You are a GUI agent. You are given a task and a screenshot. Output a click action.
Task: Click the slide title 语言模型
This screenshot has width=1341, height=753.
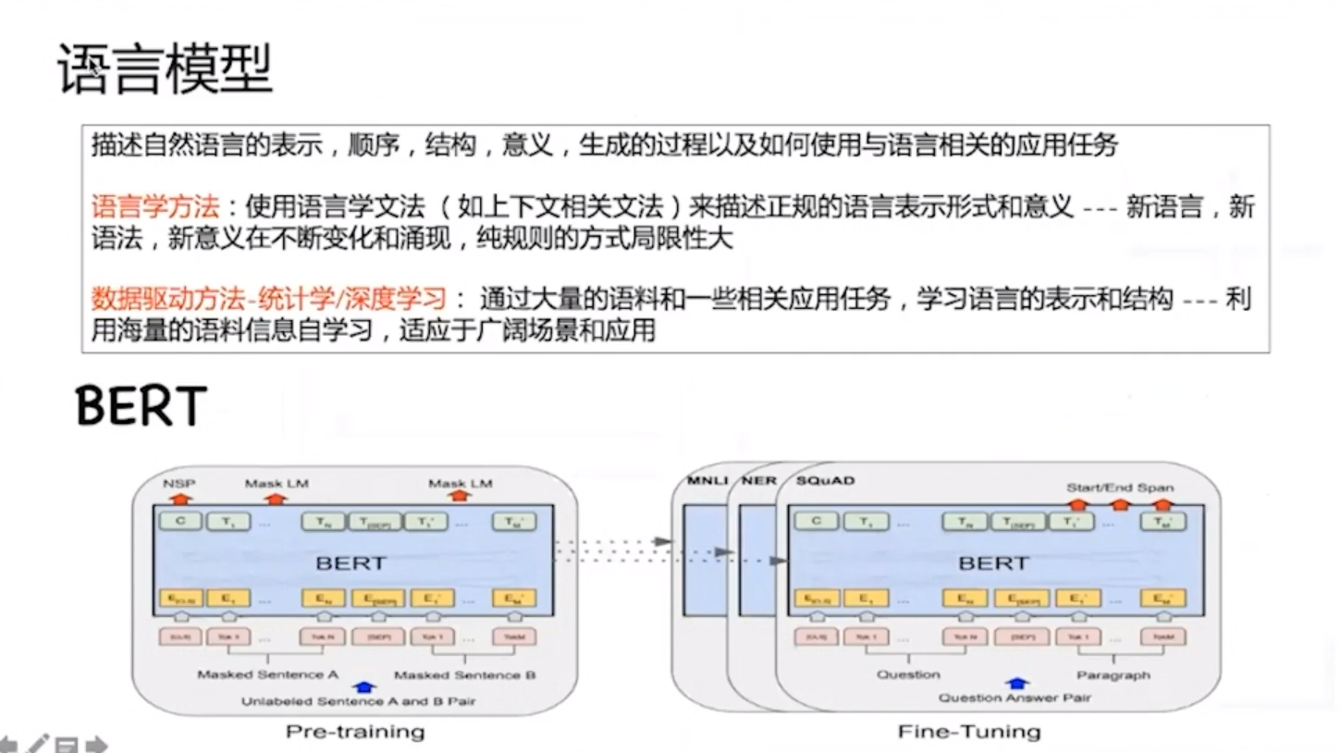pyautogui.click(x=166, y=69)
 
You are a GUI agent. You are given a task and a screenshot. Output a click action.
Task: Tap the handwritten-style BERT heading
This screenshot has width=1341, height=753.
pyautogui.click(x=141, y=406)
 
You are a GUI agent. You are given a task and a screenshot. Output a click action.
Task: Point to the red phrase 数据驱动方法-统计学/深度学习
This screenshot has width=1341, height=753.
pyautogui.click(x=269, y=299)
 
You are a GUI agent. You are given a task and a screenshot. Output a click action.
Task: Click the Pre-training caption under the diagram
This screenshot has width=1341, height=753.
pyautogui.click(x=354, y=732)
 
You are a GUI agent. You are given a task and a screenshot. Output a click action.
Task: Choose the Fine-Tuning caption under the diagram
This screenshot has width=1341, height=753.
pyautogui.click(x=968, y=732)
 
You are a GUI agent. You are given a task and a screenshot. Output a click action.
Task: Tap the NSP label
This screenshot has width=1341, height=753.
pyautogui.click(x=179, y=483)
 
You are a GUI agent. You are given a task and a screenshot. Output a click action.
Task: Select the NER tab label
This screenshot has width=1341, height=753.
pyautogui.click(x=758, y=481)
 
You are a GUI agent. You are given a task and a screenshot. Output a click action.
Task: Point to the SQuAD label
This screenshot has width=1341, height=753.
pyautogui.click(x=825, y=481)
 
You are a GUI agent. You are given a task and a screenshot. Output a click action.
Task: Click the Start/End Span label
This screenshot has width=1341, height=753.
pyautogui.click(x=1119, y=488)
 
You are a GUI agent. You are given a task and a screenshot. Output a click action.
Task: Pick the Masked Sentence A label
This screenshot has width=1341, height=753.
pyautogui.click(x=267, y=675)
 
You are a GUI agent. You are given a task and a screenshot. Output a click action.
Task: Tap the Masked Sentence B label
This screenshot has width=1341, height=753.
pyautogui.click(x=464, y=675)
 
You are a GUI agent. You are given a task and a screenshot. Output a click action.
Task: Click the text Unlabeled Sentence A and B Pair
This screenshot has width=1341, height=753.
pyautogui.click(x=358, y=701)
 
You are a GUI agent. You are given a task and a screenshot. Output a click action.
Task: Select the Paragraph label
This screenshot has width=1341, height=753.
pyautogui.click(x=1113, y=675)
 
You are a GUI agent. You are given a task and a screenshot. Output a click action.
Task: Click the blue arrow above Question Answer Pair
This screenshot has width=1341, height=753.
pyautogui.click(x=1016, y=684)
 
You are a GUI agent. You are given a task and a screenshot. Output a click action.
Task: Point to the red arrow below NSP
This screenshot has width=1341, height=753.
pyautogui.click(x=178, y=497)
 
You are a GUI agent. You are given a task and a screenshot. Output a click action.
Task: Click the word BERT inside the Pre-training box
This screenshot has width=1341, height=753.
pyautogui.click(x=351, y=562)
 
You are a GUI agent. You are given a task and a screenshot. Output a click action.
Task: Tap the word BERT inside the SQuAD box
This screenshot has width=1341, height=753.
pyautogui.click(x=992, y=562)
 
